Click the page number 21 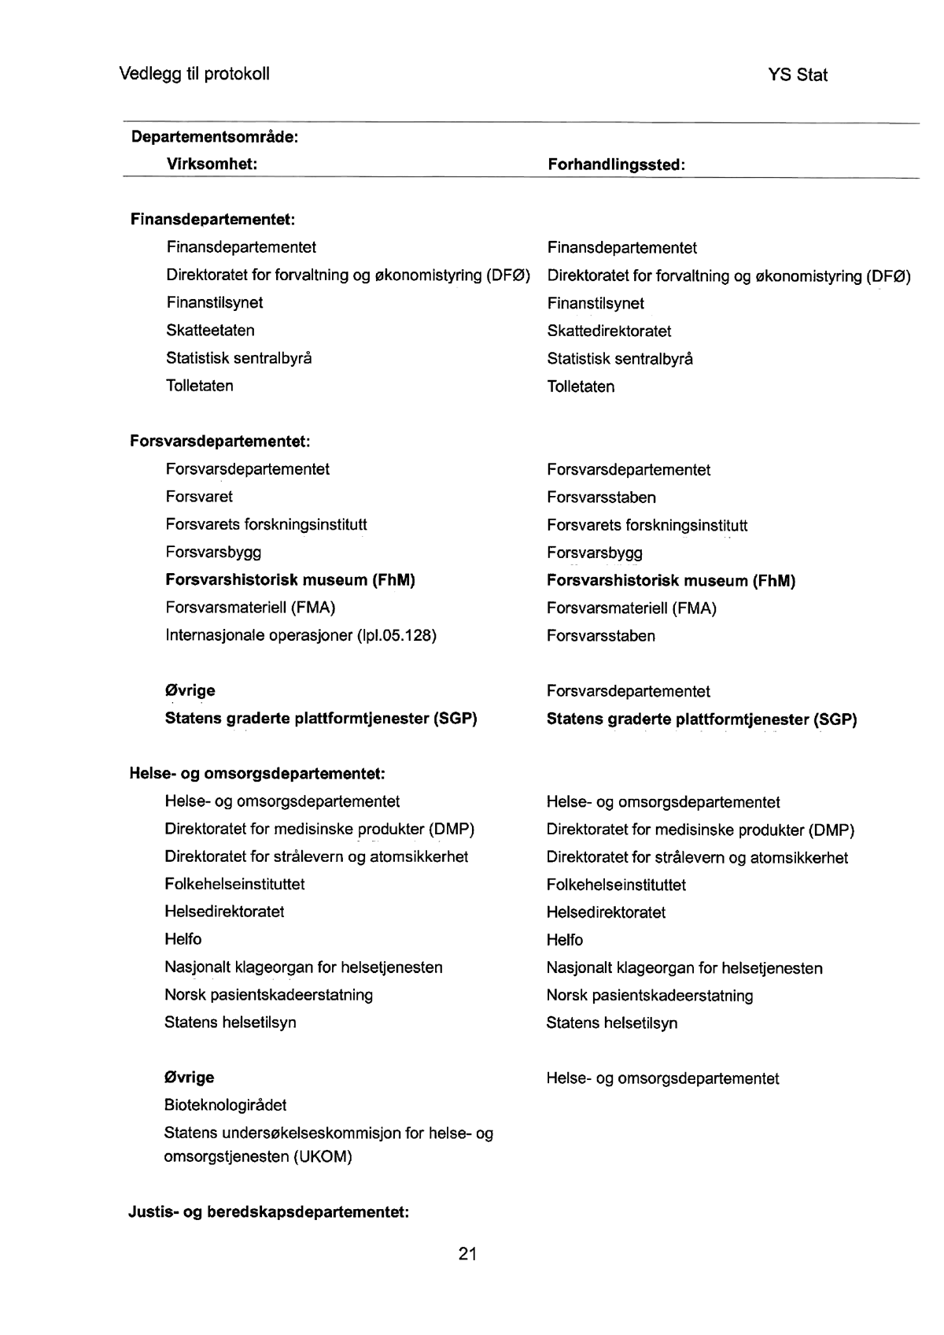tap(467, 1254)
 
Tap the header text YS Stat tap(797, 76)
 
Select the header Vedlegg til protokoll tap(194, 74)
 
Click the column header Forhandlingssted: tap(616, 165)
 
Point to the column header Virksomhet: tap(212, 164)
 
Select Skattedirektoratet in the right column tap(609, 331)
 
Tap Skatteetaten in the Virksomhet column tap(210, 330)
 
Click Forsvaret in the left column tap(199, 497)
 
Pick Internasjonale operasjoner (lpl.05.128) tap(301, 635)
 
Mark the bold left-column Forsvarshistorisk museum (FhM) tap(290, 580)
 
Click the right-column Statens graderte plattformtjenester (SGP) tap(701, 719)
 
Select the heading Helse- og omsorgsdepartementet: tap(256, 774)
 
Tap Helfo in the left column tap(183, 939)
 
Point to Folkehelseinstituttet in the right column tap(616, 885)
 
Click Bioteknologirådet tap(225, 1105)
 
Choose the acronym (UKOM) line tap(258, 1157)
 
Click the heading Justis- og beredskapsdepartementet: tap(268, 1212)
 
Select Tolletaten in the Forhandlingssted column tap(581, 386)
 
